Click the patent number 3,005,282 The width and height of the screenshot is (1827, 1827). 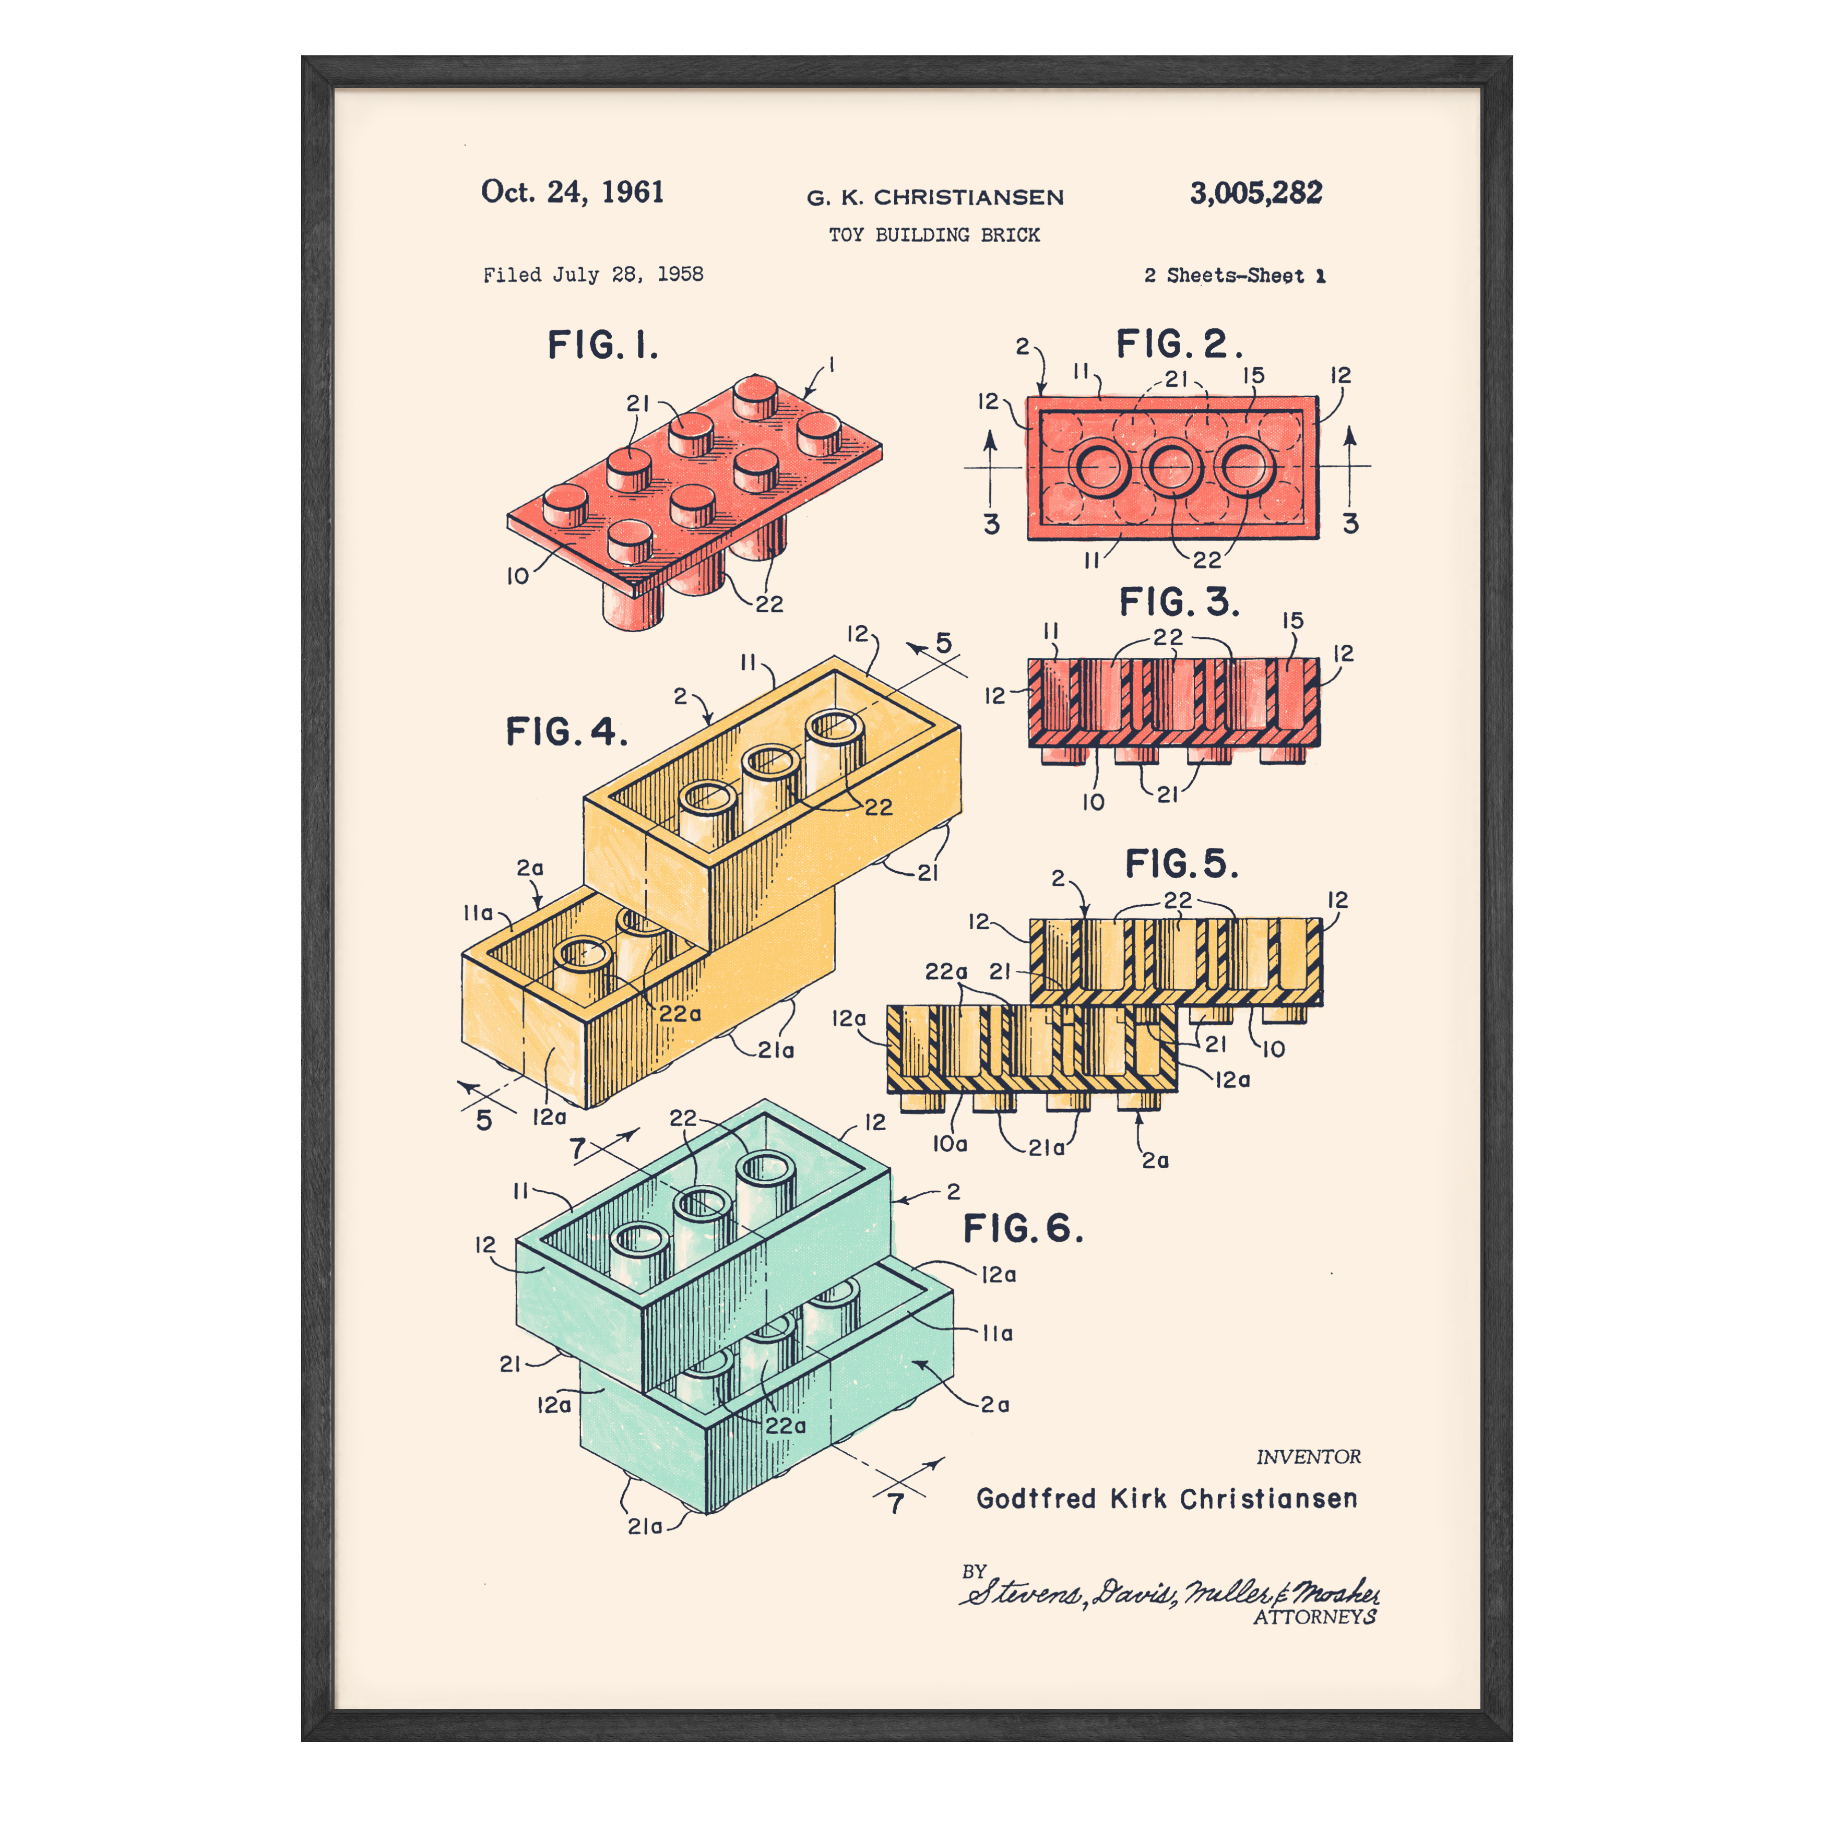tap(1256, 193)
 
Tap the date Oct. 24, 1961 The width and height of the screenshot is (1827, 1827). tap(572, 192)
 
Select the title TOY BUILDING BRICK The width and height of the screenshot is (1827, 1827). tap(934, 234)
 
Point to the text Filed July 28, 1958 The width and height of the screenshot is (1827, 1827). tap(593, 274)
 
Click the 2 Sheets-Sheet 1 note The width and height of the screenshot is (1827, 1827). tap(1234, 275)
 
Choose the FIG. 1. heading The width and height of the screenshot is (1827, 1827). tap(602, 345)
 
